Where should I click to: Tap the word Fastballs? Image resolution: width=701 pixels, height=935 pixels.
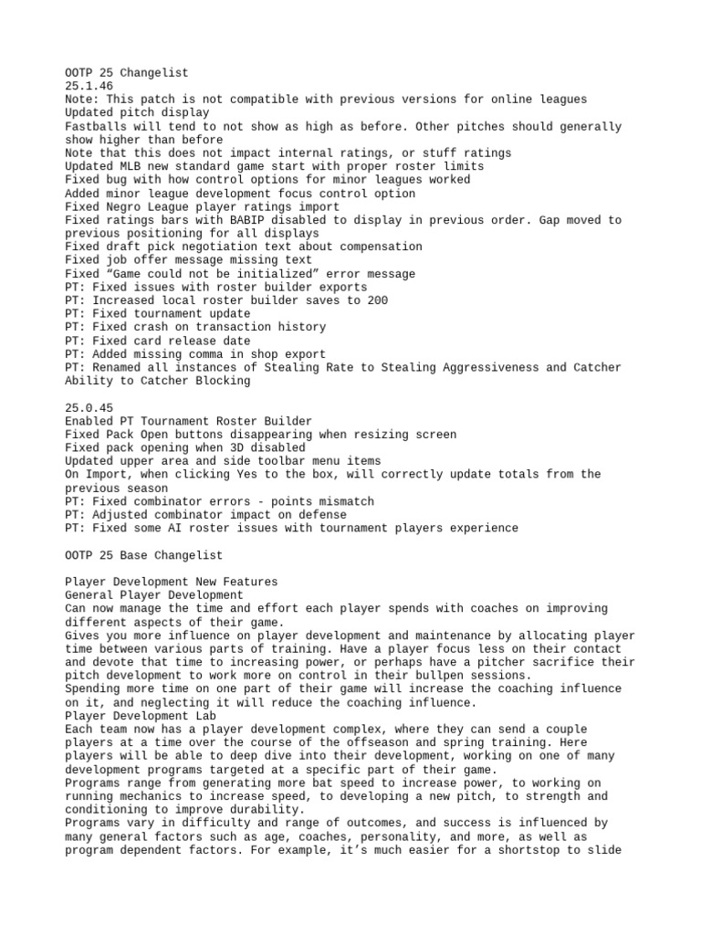pyautogui.click(x=96, y=126)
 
